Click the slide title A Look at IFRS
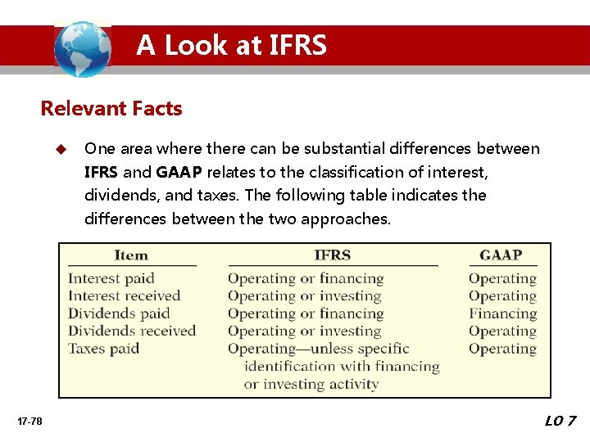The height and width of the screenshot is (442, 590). pos(231,45)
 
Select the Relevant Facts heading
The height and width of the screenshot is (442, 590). pos(111,108)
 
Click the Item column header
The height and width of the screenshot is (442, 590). pos(131,255)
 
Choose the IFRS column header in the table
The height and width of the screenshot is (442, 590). pos(333,255)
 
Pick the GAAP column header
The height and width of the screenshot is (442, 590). pos(501,255)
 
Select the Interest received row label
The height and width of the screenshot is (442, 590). pos(124,295)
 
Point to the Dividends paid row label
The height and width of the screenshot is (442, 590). pos(119,313)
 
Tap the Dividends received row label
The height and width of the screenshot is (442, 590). pos(132,331)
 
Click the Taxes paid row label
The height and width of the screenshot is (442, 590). pos(104,349)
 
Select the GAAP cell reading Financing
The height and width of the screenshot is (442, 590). pos(502,313)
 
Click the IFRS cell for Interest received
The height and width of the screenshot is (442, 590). pos(305,295)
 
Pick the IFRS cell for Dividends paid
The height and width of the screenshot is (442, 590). pos(306,313)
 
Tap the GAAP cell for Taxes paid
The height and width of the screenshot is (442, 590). pos(502,349)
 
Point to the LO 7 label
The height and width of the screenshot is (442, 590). pos(560,421)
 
